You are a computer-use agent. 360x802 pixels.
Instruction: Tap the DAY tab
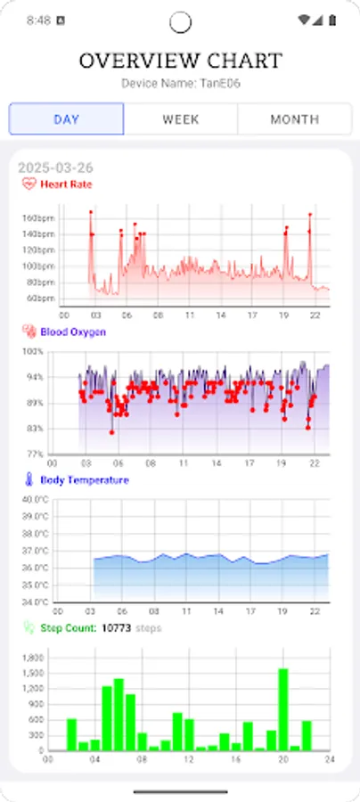(x=67, y=119)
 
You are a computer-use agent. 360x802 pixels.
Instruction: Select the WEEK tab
(x=180, y=119)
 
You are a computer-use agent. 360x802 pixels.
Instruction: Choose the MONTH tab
(x=294, y=119)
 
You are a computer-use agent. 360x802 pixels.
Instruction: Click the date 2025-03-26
(x=55, y=168)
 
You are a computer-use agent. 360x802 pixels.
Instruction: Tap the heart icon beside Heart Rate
(x=29, y=184)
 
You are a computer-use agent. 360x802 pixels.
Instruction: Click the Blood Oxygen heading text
(x=73, y=331)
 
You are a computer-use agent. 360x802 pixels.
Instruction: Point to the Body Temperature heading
(x=84, y=479)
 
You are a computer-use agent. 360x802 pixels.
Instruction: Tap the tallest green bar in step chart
(x=283, y=709)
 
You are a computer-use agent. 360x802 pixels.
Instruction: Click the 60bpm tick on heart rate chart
(x=42, y=298)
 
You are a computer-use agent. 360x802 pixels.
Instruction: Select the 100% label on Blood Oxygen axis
(x=33, y=352)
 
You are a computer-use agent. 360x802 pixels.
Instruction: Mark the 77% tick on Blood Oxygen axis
(x=35, y=454)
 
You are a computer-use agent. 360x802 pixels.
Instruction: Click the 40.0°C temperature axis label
(x=36, y=499)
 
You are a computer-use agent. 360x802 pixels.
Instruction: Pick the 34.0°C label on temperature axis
(x=36, y=601)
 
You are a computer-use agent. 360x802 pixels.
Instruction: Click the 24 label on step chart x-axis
(x=330, y=759)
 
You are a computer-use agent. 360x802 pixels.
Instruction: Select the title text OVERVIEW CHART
(x=180, y=61)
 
